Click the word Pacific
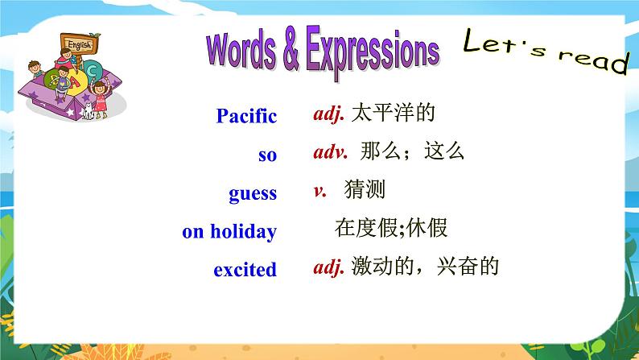pyautogui.click(x=246, y=116)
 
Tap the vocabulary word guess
pyautogui.click(x=253, y=194)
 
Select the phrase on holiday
pyautogui.click(x=229, y=232)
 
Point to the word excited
pyautogui.click(x=245, y=270)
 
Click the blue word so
pyautogui.click(x=267, y=155)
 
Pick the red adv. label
pyautogui.click(x=331, y=152)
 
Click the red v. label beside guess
pyautogui.click(x=320, y=191)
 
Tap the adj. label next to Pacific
pyautogui.click(x=329, y=114)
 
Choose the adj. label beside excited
pyautogui.click(x=329, y=267)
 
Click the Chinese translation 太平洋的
pyautogui.click(x=394, y=113)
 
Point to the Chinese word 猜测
pyautogui.click(x=365, y=189)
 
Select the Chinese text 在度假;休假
pyautogui.click(x=391, y=227)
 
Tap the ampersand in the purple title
pyautogui.click(x=291, y=49)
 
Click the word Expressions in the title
pyautogui.click(x=373, y=52)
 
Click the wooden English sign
pyautogui.click(x=80, y=43)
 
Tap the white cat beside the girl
pyautogui.click(x=88, y=111)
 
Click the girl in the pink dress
pyautogui.click(x=101, y=99)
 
